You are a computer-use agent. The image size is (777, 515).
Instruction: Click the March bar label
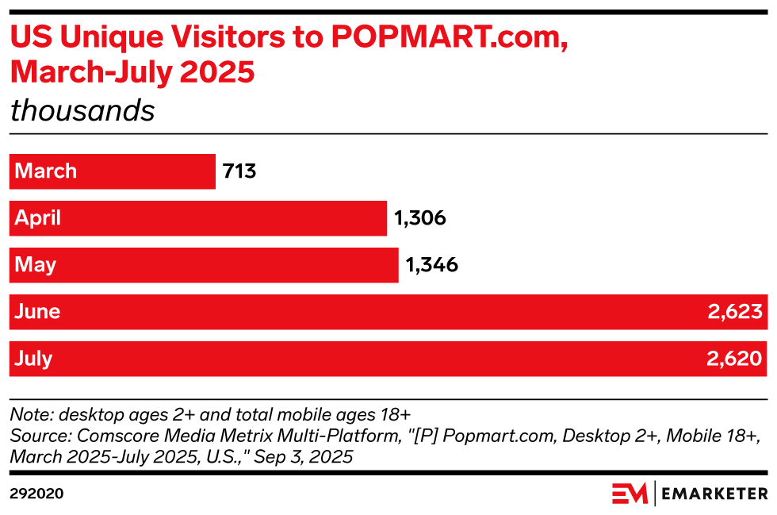click(46, 171)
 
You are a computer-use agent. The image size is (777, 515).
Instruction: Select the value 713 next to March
click(240, 171)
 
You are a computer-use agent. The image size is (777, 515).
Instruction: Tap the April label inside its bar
click(38, 218)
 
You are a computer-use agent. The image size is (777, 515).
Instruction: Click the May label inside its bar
click(36, 265)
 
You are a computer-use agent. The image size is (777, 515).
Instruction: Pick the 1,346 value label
click(432, 265)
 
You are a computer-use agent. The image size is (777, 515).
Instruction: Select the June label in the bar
click(37, 312)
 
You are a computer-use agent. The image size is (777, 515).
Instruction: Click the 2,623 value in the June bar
click(735, 312)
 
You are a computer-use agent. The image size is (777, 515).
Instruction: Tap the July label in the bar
click(34, 359)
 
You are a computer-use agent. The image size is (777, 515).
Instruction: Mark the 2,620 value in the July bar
click(735, 359)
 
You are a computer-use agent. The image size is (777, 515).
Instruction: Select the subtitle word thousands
click(82, 110)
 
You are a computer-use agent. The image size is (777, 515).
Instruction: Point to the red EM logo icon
click(630, 493)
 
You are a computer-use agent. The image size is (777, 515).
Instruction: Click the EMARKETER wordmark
click(714, 494)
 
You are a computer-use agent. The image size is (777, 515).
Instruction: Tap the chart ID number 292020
click(36, 494)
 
